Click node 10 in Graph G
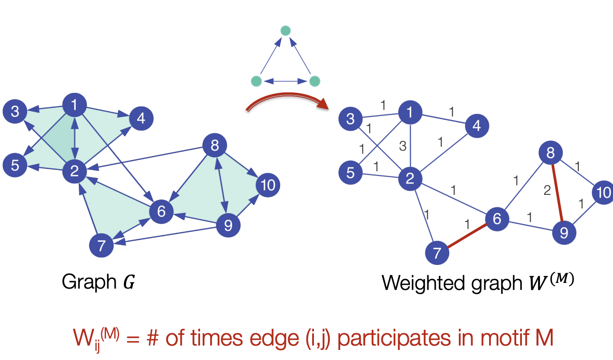268,185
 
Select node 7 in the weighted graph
437,253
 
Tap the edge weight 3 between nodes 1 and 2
403,146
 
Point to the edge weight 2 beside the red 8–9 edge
547,191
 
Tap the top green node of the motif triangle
285,31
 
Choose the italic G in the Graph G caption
129,282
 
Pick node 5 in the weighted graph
351,173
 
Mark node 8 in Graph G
215,145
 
